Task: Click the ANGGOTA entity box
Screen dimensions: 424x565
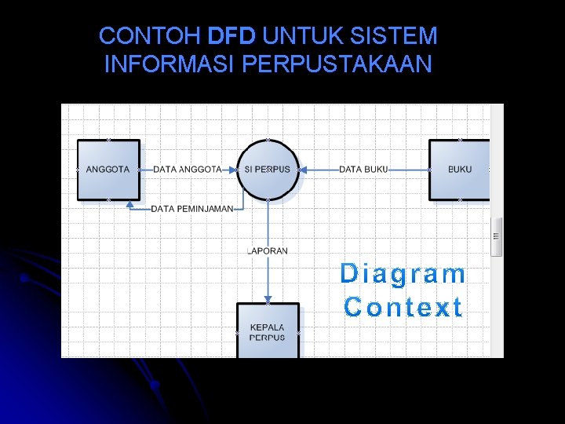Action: pos(108,170)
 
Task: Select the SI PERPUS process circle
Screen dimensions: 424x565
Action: pos(268,170)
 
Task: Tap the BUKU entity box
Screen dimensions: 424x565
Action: pos(459,170)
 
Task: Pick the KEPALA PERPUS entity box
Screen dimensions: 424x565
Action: pos(268,331)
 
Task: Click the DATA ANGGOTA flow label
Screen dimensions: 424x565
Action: pos(187,170)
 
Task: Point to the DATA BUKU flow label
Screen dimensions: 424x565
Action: pos(363,170)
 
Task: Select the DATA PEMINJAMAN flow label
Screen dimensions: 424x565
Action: pos(192,209)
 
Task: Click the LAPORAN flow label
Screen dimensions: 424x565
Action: pos(268,251)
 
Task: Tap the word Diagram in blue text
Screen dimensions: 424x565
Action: pos(403,274)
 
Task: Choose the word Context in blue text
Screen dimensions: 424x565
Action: pos(403,307)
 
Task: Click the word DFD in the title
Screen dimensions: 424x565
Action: pos(232,36)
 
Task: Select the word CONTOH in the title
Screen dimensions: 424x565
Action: pos(151,36)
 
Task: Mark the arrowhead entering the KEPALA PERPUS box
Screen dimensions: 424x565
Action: pos(268,299)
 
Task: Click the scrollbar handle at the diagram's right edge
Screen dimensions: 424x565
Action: pos(496,236)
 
